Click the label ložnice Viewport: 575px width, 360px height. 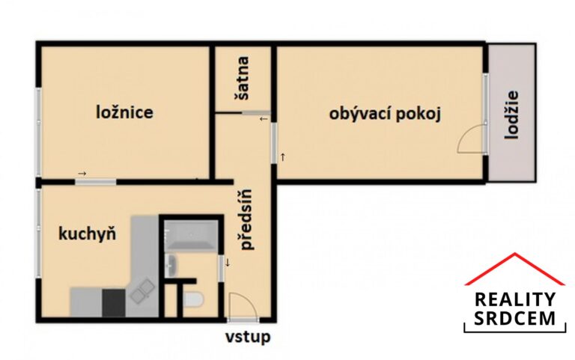click(x=125, y=113)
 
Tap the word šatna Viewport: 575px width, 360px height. click(x=243, y=80)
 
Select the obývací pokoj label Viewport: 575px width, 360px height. click(x=384, y=115)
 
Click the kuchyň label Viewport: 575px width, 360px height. click(x=87, y=234)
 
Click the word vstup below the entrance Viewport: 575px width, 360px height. click(x=248, y=337)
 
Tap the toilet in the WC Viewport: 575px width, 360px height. click(x=193, y=301)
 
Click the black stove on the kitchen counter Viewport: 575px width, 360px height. click(x=112, y=301)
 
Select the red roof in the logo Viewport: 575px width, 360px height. click(x=514, y=268)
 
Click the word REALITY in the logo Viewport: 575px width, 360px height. click(x=514, y=299)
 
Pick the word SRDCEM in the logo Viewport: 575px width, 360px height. click(x=514, y=319)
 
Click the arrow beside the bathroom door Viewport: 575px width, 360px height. click(x=228, y=262)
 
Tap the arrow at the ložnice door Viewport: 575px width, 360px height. click(x=82, y=174)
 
